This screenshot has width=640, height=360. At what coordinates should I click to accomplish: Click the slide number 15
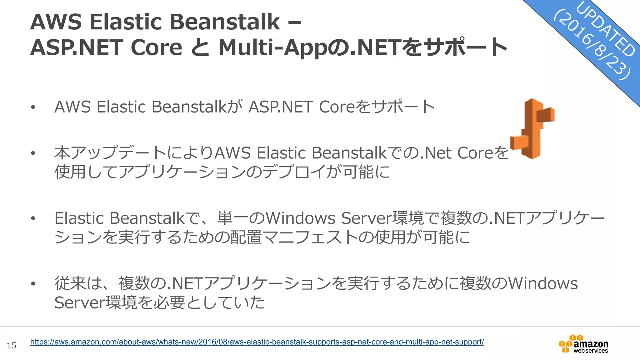pos(12,345)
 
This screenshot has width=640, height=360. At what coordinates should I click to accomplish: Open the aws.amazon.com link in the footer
pos(257,342)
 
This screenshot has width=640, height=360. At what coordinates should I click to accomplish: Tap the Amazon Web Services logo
pos(583,344)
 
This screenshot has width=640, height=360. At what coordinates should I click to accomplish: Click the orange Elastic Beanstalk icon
pos(532,129)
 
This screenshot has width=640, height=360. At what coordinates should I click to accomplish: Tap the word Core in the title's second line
pos(156,48)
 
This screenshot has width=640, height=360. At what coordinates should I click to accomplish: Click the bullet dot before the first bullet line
pos(33,107)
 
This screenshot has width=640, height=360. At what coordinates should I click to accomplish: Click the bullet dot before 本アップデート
pos(33,153)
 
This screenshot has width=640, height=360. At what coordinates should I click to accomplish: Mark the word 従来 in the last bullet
pos(70,283)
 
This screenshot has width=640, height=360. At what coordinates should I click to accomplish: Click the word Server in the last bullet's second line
pos(80,302)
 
